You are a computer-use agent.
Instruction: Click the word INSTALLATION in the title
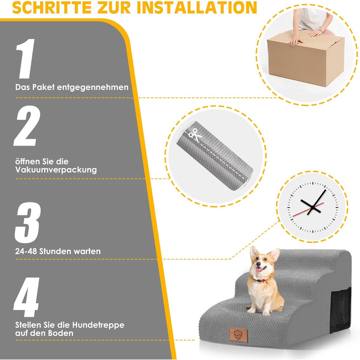tap(197, 7)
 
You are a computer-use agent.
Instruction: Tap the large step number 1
tap(26, 59)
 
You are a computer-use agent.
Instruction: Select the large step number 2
tap(27, 126)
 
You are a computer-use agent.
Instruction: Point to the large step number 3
tap(28, 223)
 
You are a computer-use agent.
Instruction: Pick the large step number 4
tap(26, 297)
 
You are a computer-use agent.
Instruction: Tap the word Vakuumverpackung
tap(56, 170)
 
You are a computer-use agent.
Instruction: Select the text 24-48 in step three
tap(26, 251)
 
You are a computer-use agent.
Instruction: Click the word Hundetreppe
tap(98, 325)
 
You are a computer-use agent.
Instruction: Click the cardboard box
tap(305, 59)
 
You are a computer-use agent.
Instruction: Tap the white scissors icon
tap(195, 135)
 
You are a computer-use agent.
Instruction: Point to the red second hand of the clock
tap(308, 210)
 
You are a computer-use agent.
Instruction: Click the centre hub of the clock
tap(312, 207)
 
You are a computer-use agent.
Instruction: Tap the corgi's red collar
tap(262, 280)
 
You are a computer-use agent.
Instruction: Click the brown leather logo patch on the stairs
tap(238, 335)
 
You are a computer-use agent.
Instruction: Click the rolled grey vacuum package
tap(214, 156)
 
